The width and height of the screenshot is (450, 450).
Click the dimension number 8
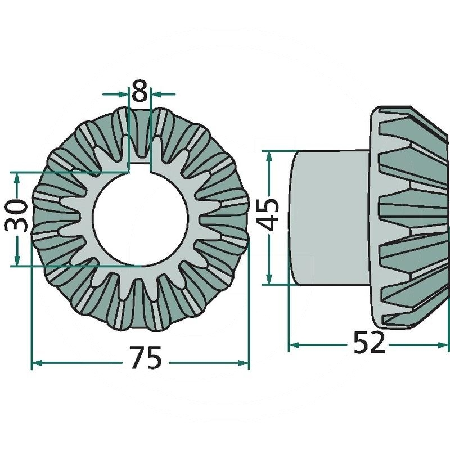[139, 91]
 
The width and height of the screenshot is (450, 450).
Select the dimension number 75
[146, 358]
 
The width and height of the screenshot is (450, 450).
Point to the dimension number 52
[369, 343]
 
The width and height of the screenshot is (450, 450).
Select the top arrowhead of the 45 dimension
[269, 157]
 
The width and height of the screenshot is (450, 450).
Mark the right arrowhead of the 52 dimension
[442, 345]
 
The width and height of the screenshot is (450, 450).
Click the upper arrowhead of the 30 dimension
[17, 179]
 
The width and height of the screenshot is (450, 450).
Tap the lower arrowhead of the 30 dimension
[17, 259]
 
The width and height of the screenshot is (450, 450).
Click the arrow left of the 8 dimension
[115, 93]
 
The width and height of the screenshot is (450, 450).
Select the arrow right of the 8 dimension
[163, 93]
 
